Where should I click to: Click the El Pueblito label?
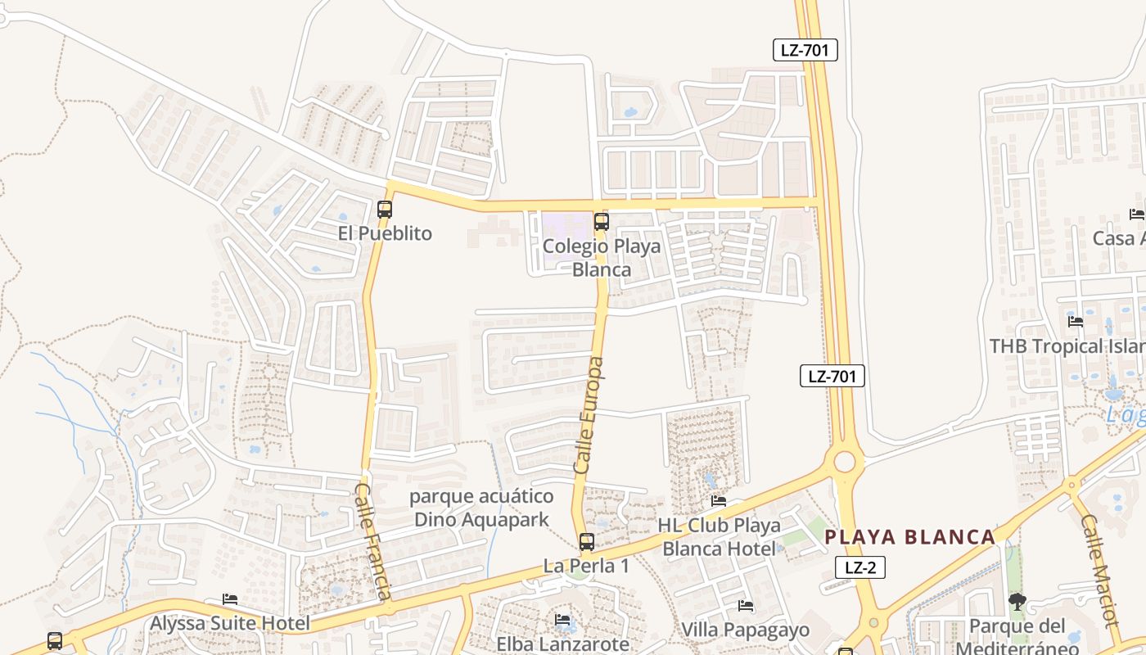point(385,233)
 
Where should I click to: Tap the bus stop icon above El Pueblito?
point(385,210)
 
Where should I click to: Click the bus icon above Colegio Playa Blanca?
point(602,221)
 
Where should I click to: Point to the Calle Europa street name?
point(589,415)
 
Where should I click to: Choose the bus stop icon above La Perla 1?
point(587,541)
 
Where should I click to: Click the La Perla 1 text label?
point(587,566)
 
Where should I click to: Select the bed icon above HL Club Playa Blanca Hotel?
point(719,501)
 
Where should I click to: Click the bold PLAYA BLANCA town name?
point(909,537)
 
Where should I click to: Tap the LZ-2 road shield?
point(860,567)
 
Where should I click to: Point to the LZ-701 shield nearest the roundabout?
point(832,377)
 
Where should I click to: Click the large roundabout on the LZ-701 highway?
point(844,463)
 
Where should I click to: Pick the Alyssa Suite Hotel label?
point(230,623)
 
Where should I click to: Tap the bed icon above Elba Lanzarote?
point(562,620)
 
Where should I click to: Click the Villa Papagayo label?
point(746,630)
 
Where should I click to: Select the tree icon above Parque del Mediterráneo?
point(1017,603)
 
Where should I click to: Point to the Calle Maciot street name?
point(1099,570)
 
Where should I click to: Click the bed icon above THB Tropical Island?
point(1076,322)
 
